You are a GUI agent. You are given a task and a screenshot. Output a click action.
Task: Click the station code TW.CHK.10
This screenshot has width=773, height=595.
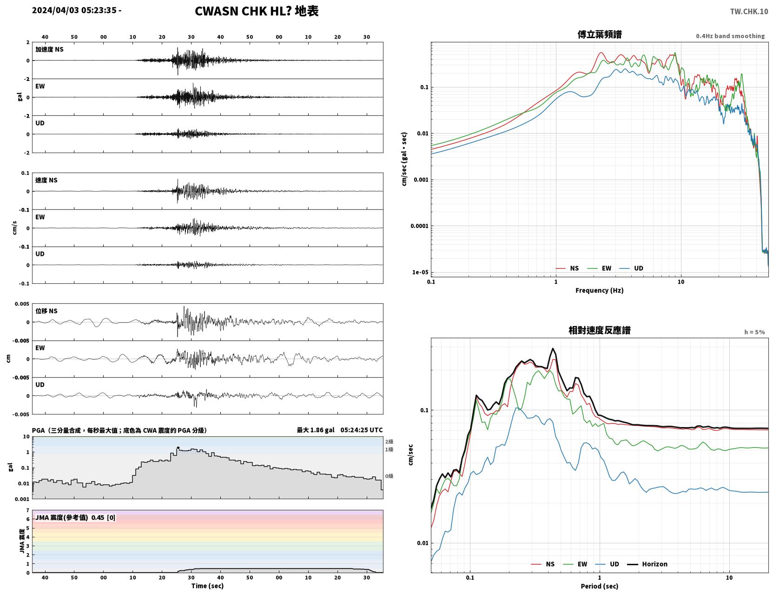click(749, 11)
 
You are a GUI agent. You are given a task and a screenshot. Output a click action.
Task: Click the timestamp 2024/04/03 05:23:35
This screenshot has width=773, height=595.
click(74, 10)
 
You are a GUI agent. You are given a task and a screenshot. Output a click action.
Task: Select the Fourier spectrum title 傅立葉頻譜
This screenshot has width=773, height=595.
click(600, 34)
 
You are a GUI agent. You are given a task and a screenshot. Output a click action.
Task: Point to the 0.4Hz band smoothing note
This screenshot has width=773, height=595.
click(730, 36)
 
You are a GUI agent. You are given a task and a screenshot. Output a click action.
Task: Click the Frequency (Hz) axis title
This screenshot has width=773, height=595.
click(600, 290)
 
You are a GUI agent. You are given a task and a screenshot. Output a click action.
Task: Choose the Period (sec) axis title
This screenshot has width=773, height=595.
click(600, 586)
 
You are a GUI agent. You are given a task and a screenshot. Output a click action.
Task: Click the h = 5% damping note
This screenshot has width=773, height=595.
click(754, 332)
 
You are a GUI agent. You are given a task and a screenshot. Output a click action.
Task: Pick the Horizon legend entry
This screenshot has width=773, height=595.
click(647, 564)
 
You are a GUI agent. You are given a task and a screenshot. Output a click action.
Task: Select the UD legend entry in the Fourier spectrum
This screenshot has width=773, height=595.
click(631, 268)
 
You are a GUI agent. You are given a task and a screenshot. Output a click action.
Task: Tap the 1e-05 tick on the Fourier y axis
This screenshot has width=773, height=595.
click(420, 272)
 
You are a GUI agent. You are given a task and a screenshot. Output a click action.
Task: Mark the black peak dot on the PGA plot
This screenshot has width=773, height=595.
click(178, 448)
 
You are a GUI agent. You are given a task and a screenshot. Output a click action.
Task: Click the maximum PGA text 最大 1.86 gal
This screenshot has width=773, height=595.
click(316, 430)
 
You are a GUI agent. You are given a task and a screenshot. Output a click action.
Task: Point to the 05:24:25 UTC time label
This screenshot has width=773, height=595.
click(362, 430)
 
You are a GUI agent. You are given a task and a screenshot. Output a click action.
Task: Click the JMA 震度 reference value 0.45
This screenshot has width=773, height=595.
click(97, 517)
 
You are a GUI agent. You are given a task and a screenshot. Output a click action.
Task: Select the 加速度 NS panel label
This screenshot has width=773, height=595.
click(49, 49)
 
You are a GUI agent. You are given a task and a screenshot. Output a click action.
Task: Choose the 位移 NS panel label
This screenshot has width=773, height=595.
click(46, 311)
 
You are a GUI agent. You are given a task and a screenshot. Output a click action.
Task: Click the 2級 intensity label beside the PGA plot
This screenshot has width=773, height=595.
click(389, 441)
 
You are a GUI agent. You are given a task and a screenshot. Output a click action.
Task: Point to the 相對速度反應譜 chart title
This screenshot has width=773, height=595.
click(600, 330)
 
